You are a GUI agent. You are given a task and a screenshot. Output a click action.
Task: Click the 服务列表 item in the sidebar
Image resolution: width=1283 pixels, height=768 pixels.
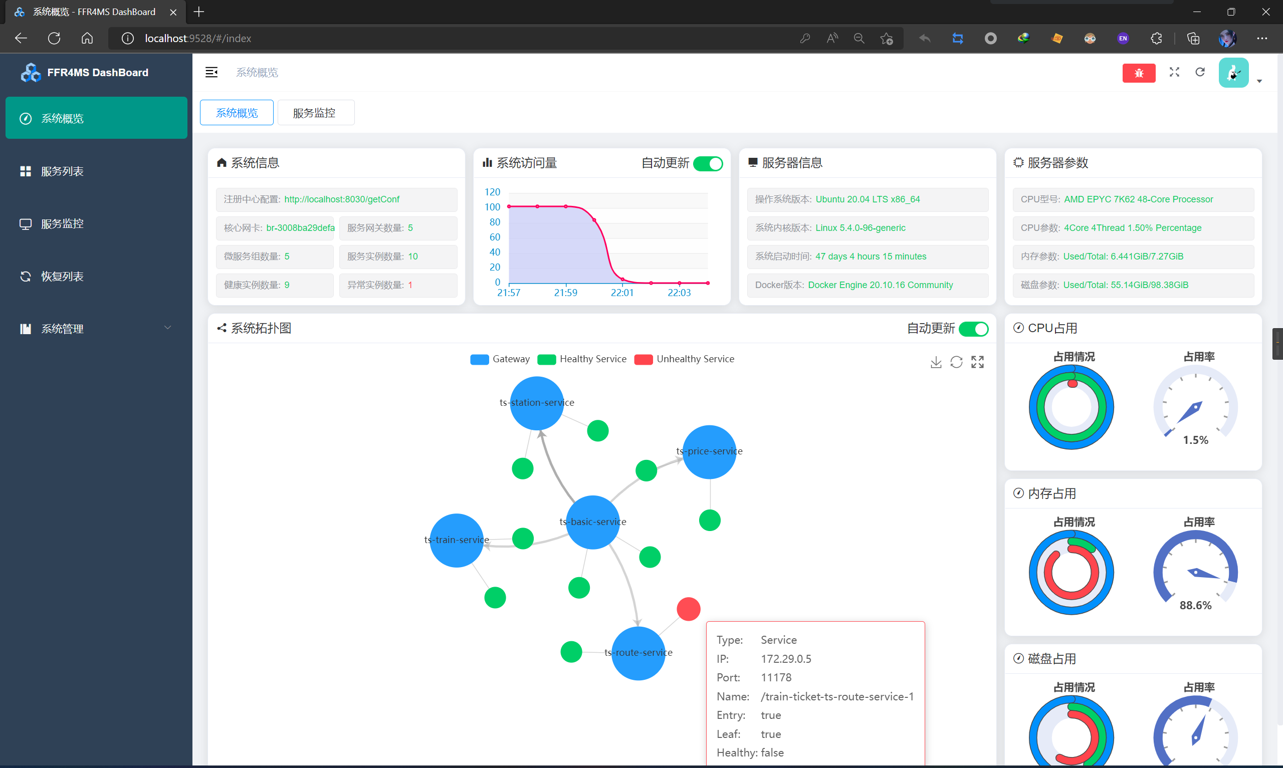click(x=62, y=171)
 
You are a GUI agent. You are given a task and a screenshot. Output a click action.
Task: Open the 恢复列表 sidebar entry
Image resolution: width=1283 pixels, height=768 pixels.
click(x=62, y=277)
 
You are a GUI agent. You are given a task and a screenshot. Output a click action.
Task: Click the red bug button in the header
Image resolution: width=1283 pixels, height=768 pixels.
click(x=1138, y=73)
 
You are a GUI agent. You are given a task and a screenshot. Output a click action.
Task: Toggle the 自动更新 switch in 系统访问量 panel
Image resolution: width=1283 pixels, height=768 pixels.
click(x=708, y=163)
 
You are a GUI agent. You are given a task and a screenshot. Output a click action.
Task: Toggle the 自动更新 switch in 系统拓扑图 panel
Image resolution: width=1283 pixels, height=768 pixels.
click(x=973, y=329)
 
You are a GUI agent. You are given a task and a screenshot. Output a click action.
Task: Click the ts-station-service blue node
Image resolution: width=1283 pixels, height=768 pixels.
click(x=537, y=403)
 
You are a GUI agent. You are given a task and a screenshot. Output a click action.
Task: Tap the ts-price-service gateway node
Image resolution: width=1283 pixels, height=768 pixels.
click(x=709, y=452)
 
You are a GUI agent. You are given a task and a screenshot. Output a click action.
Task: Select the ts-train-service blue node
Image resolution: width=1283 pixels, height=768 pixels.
click(x=456, y=540)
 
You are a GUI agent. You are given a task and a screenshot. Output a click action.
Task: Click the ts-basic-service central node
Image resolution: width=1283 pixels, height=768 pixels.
click(x=592, y=522)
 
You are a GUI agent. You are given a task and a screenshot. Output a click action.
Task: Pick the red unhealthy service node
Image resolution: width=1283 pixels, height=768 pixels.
click(x=688, y=609)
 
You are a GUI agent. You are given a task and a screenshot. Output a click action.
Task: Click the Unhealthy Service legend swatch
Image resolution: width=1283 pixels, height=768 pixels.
click(x=644, y=360)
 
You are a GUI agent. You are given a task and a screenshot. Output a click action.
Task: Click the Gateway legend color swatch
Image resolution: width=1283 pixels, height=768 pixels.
click(x=479, y=360)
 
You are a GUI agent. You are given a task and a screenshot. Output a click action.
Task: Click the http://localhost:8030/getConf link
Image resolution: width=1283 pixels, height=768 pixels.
click(x=342, y=199)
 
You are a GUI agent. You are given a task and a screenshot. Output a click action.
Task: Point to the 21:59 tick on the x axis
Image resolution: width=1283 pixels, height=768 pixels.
click(x=566, y=293)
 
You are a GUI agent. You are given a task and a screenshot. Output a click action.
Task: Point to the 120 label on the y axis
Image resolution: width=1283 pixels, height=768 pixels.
click(x=492, y=192)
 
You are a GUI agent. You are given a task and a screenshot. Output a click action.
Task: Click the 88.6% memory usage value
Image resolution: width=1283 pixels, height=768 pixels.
click(x=1195, y=606)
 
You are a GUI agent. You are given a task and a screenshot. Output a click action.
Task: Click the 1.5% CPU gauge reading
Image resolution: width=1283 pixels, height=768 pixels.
click(x=1195, y=440)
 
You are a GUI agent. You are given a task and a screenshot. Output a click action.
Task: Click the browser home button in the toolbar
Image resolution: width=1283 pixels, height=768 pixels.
click(x=87, y=38)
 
